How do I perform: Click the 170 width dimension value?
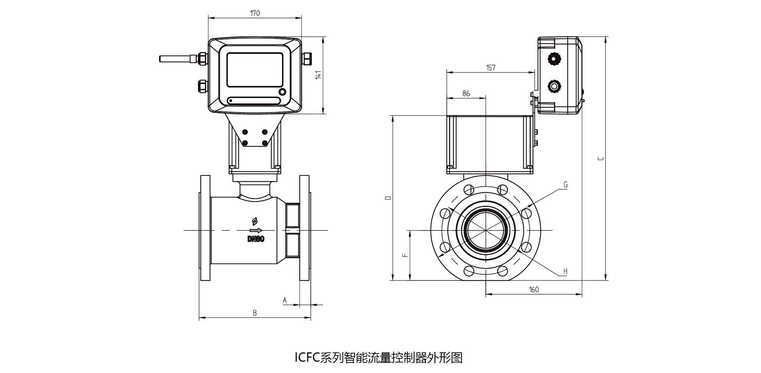point(255,13)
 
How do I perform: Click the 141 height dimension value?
point(319,75)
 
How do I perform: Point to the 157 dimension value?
point(491,67)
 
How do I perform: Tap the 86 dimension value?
point(466,94)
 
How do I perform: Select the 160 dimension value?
point(534,289)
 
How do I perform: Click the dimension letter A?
point(285,300)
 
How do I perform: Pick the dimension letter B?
point(255,313)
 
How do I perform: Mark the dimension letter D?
point(389,198)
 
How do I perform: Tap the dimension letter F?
point(405,255)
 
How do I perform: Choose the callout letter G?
point(566,184)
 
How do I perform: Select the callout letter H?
point(565,271)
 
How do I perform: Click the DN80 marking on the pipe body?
point(256,239)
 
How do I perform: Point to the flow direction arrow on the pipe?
point(256,230)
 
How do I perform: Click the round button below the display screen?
point(282,92)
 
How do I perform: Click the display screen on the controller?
point(255,70)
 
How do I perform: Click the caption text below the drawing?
point(379,358)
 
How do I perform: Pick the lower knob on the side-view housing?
point(554,87)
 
